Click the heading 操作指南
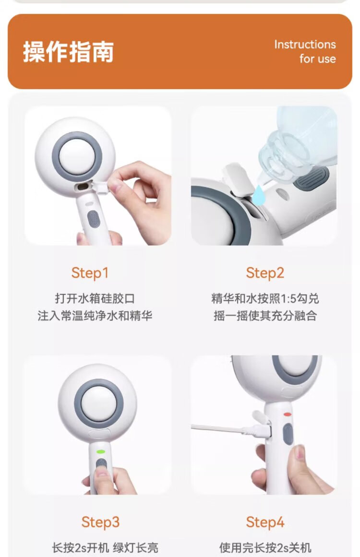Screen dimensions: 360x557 coord(69,52)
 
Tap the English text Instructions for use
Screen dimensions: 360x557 coord(305,51)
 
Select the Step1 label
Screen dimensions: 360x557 coord(90,273)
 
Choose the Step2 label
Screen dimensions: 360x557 coord(265,273)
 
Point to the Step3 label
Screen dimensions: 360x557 coord(100,522)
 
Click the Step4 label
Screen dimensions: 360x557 coord(265,522)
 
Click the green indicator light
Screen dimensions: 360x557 coord(101,452)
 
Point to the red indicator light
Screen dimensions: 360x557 coord(287,414)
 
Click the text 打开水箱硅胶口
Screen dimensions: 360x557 coord(95,298)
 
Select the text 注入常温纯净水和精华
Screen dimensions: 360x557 coord(95,316)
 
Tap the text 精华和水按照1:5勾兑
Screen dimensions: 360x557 coord(265,298)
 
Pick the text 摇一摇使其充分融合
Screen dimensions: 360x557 coord(265,316)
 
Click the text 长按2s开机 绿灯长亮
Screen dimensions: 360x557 coord(105,547)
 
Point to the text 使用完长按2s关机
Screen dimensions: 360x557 coord(265,547)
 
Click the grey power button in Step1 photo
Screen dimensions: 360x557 coord(94,219)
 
